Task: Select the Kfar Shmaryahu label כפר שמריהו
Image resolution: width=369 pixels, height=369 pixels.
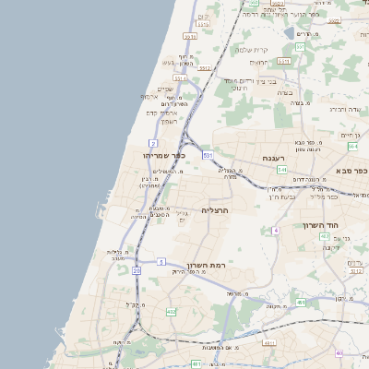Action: (165, 156)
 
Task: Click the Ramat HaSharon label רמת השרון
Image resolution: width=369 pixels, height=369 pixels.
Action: (207, 266)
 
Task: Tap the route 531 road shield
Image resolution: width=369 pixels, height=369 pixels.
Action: (208, 156)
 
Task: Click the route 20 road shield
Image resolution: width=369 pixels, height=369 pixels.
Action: (136, 270)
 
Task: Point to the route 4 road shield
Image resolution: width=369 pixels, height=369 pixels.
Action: (276, 230)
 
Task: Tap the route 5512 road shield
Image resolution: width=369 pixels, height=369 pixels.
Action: (204, 68)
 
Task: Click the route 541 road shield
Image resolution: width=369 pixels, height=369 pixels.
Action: (280, 170)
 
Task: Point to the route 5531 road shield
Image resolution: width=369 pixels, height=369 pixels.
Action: (190, 36)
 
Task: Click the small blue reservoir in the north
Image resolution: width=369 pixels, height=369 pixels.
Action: (290, 33)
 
